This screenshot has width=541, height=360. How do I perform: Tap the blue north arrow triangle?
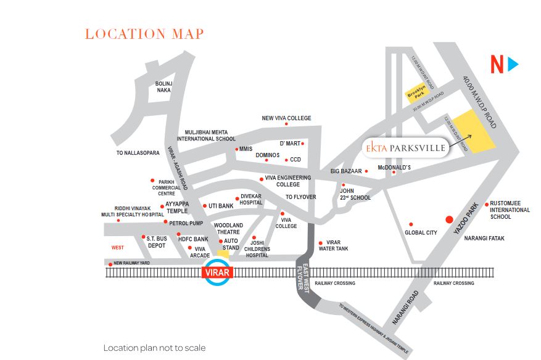tap(513, 64)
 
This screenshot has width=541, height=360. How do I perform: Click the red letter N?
tap(497, 65)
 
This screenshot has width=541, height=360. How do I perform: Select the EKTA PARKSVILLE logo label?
tap(403, 149)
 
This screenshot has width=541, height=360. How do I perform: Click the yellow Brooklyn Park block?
tap(416, 92)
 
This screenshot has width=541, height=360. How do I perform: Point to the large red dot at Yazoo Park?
tap(449, 219)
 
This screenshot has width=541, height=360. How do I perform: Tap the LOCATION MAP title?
tap(144, 34)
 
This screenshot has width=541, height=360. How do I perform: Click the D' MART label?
tap(289, 144)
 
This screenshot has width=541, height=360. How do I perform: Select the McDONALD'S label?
tap(394, 167)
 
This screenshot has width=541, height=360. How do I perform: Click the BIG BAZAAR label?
tap(345, 171)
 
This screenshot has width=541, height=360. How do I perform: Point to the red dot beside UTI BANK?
tap(205, 206)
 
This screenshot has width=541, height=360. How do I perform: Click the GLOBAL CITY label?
tap(421, 233)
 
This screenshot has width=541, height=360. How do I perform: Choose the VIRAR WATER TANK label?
tap(337, 245)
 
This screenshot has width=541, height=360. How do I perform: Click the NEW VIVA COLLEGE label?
tap(286, 118)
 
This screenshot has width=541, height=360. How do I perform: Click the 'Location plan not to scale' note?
tap(154, 348)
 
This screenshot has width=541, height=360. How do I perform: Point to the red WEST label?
tap(117, 248)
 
